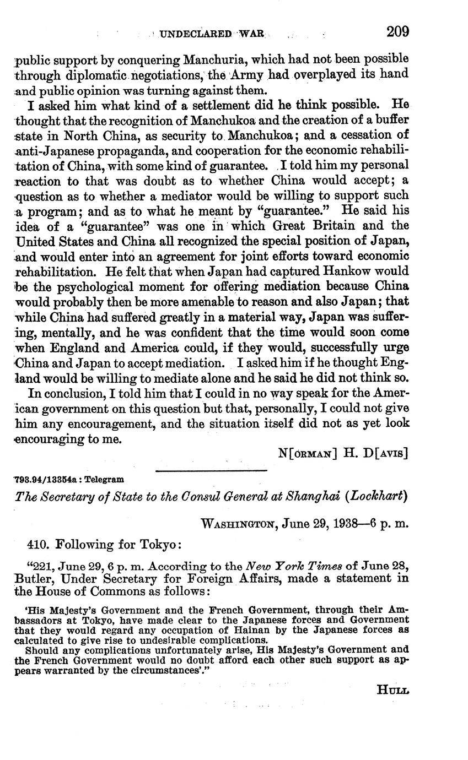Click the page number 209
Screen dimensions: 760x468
click(x=397, y=31)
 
